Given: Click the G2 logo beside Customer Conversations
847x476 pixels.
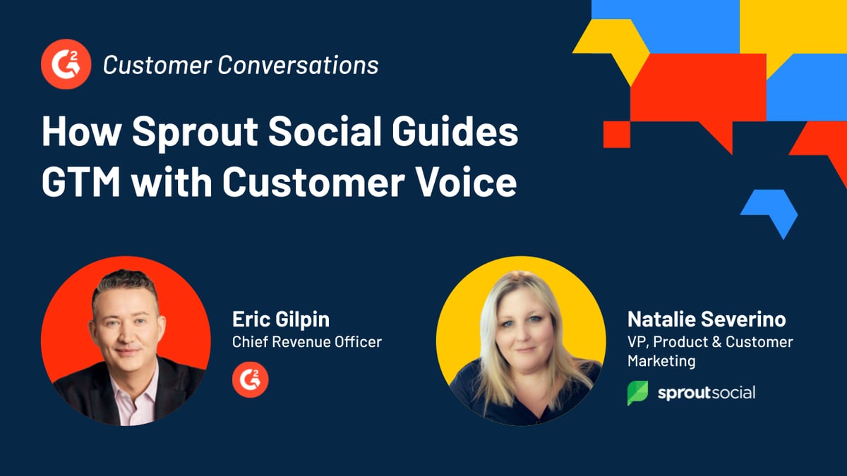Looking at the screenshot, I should [65, 65].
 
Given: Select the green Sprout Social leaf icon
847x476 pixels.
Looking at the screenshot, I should [637, 393].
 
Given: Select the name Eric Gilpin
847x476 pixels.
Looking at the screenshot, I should [280, 319].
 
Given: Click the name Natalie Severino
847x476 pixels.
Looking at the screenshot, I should [707, 319].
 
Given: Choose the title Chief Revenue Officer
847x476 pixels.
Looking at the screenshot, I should [306, 342].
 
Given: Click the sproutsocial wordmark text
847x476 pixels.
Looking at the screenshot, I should [706, 392].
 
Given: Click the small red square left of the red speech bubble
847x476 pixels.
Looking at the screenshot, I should [616, 134].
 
